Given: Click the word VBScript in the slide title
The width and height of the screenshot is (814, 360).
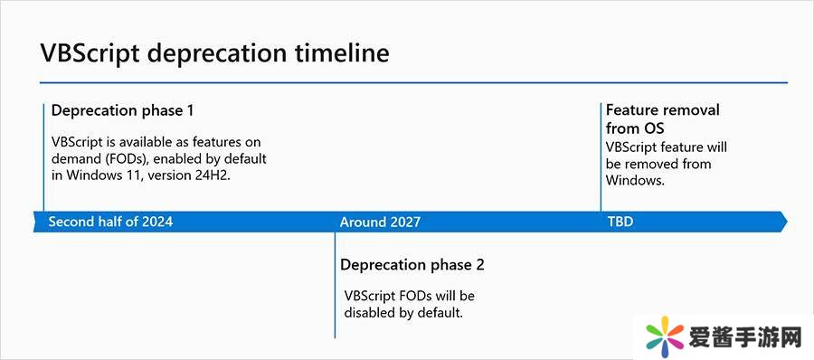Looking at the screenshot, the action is pyautogui.click(x=90, y=53).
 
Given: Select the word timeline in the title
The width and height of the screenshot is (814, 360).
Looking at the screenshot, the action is pyautogui.click(x=342, y=52).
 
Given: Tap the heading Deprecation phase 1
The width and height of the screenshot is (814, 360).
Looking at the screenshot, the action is pyautogui.click(x=123, y=110).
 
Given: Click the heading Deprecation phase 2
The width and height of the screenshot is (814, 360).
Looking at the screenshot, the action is pyautogui.click(x=412, y=264).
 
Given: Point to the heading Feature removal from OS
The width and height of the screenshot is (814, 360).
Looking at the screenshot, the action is pyautogui.click(x=663, y=118).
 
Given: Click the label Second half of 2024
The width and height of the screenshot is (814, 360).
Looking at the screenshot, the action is pyautogui.click(x=110, y=222).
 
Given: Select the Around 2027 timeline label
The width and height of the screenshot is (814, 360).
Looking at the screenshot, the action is pyautogui.click(x=380, y=223).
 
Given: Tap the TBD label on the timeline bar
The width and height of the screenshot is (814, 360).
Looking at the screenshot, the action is pyautogui.click(x=620, y=222).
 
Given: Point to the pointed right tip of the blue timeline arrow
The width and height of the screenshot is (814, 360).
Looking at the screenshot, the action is pyautogui.click(x=787, y=222).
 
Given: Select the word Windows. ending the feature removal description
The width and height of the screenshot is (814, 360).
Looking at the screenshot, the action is pyautogui.click(x=636, y=181).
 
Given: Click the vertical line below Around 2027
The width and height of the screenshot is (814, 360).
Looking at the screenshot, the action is pyautogui.click(x=335, y=285).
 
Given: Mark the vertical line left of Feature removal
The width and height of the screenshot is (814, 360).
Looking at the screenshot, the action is pyautogui.click(x=601, y=157).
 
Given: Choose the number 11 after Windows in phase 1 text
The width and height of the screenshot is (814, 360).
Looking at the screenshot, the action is pyautogui.click(x=135, y=175).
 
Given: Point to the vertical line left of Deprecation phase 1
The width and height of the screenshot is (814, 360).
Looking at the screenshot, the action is pyautogui.click(x=43, y=157).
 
